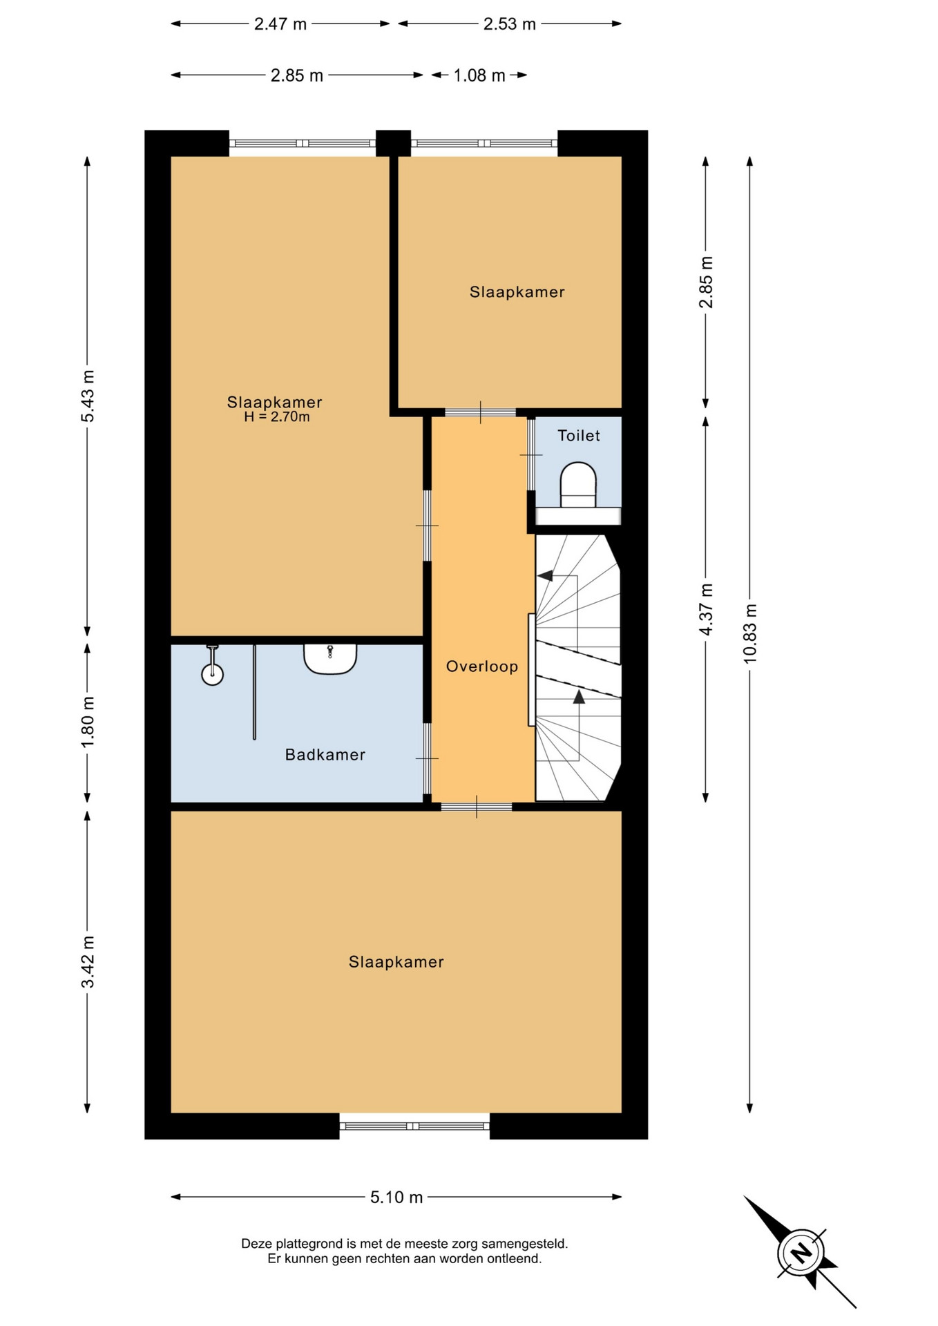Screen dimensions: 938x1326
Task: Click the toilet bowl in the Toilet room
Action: [x=578, y=485]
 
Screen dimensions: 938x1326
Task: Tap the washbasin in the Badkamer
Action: [x=330, y=659]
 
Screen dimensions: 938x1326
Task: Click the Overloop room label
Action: [x=482, y=666]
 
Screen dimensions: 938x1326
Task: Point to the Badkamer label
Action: [x=325, y=755]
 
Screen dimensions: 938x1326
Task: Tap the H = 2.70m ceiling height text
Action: [x=276, y=417]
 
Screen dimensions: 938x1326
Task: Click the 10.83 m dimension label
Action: [x=750, y=634]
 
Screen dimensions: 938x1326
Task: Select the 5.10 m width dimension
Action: [x=396, y=1197]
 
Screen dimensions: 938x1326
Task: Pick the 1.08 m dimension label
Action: [x=479, y=75]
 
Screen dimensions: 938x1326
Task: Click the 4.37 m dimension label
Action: [x=706, y=610]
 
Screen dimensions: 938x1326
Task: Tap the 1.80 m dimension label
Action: [x=88, y=722]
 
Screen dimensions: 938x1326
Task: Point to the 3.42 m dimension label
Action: [x=88, y=962]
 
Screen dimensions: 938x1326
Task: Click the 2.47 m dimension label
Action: [x=280, y=24]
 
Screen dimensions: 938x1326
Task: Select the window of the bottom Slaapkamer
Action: [x=414, y=1126]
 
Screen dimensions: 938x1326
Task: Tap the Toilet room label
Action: [x=579, y=436]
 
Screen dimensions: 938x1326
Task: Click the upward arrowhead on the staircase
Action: [x=579, y=697]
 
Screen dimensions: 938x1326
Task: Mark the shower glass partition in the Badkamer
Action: [x=254, y=692]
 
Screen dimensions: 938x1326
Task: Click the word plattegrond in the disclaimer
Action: [x=309, y=1244]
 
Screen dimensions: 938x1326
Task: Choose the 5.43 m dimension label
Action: [x=88, y=396]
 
